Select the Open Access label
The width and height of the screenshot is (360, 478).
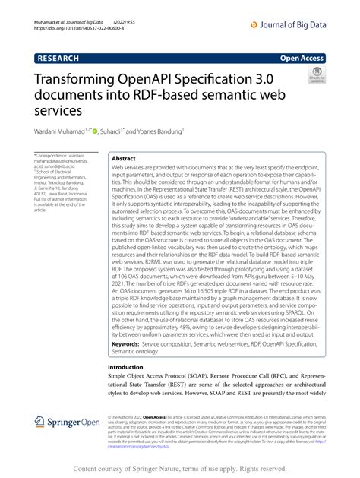pos(302,56)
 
